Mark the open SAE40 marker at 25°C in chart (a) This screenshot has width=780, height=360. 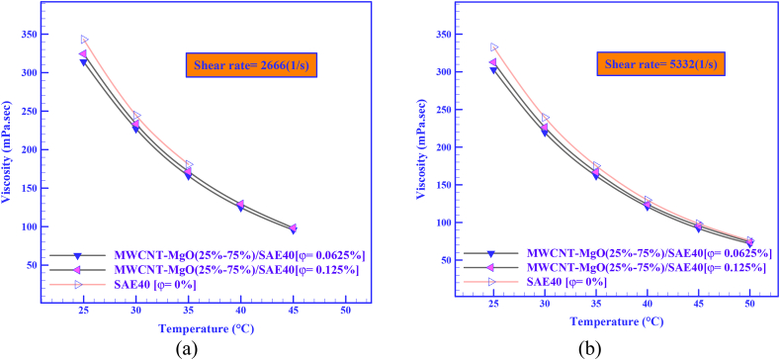(x=84, y=41)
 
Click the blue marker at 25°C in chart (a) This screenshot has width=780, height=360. (x=84, y=62)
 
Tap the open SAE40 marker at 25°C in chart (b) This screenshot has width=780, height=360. (x=494, y=47)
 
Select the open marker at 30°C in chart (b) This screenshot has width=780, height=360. (x=545, y=118)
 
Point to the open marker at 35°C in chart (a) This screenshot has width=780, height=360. (x=189, y=165)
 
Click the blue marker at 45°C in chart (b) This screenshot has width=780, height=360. (x=698, y=228)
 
